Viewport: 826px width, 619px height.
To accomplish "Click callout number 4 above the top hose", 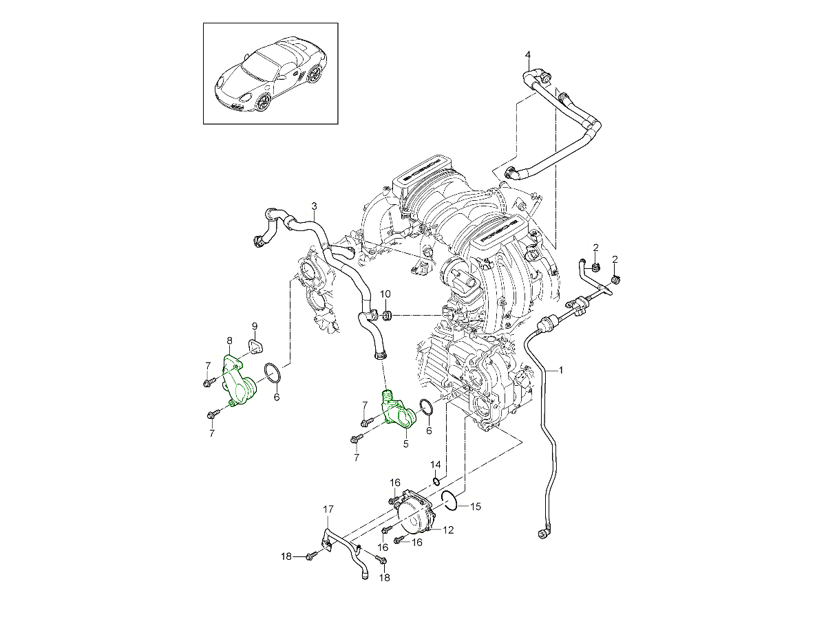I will click(528, 54).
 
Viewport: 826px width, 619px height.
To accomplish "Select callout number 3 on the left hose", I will click(314, 206).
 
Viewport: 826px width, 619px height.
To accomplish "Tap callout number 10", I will click(385, 294).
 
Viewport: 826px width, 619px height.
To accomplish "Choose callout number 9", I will click(254, 325).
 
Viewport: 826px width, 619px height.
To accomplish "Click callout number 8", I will click(230, 340).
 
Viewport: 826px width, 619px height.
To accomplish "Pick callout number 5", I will click(405, 444).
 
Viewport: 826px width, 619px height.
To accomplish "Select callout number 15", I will click(475, 506).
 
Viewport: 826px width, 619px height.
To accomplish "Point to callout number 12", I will click(448, 530).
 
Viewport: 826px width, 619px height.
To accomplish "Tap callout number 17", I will click(328, 510).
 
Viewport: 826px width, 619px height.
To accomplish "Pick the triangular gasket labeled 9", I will click(257, 345).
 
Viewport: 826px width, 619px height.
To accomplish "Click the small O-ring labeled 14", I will click(436, 480).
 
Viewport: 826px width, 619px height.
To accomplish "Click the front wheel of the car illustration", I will click(262, 102).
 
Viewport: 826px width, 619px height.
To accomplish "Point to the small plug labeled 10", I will click(388, 316).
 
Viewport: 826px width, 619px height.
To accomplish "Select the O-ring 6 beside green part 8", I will click(272, 375).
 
